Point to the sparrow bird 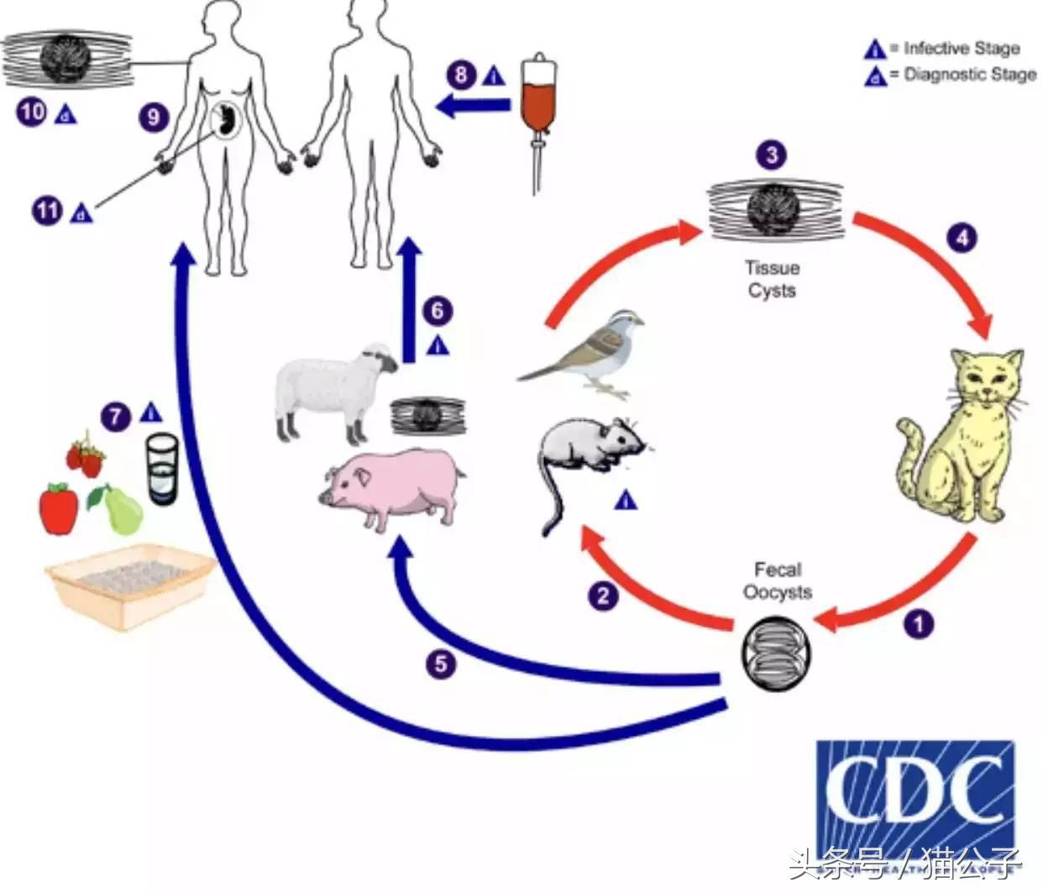588,353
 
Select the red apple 59,507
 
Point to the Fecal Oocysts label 778,580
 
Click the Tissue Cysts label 771,279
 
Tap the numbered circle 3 771,155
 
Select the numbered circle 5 441,664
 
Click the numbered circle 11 47,209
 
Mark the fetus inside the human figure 224,123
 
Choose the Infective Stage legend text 962,49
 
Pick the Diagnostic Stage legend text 970,75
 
